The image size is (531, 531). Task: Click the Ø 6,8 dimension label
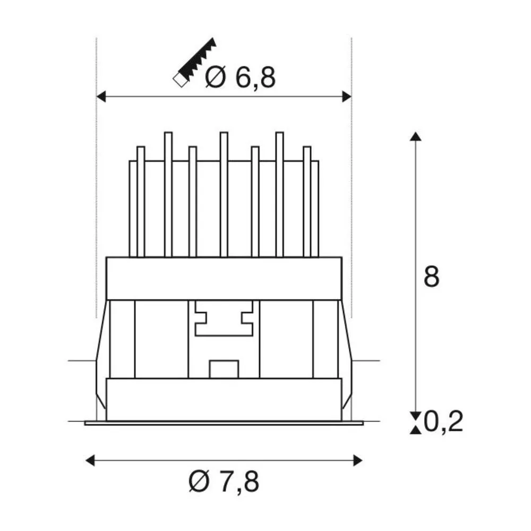point(241,78)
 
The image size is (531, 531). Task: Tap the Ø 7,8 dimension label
point(224,481)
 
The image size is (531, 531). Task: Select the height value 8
point(431,277)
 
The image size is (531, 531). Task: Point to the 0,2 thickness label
point(443,422)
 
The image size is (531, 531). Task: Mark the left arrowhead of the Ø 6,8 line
point(101,97)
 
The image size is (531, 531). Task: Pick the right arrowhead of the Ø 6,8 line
point(347,97)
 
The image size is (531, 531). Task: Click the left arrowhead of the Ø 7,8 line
point(90,460)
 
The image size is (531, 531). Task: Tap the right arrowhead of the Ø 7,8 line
point(358,460)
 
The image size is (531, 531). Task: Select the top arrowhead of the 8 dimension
point(416,136)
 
